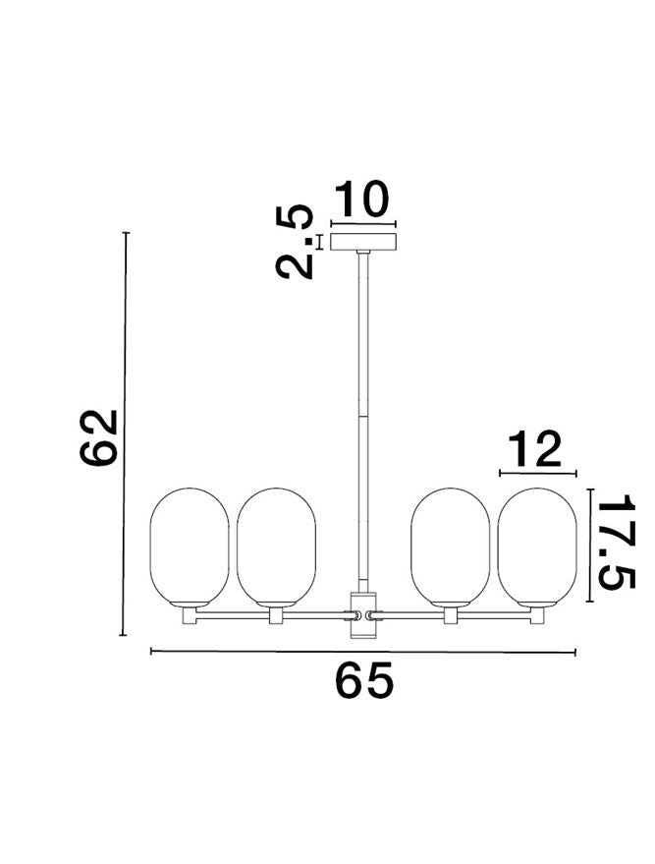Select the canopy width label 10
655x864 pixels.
coord(361,199)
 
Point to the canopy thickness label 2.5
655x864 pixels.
coord(295,242)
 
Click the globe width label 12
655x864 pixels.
coord(534,449)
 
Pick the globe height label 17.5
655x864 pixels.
coord(617,541)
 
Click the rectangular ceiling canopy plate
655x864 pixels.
coord(363,242)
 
